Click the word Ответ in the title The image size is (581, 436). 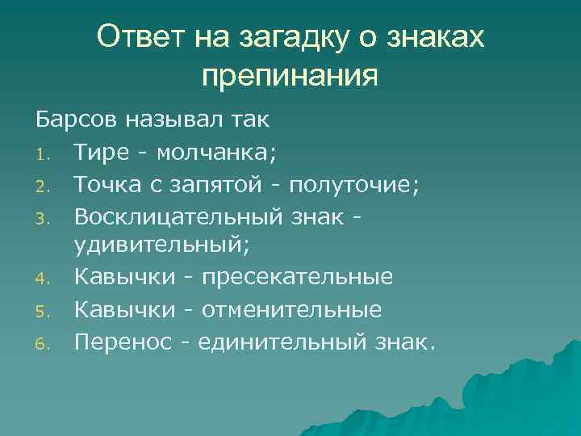pyautogui.click(x=138, y=36)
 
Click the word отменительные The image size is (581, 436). pyautogui.click(x=291, y=310)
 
